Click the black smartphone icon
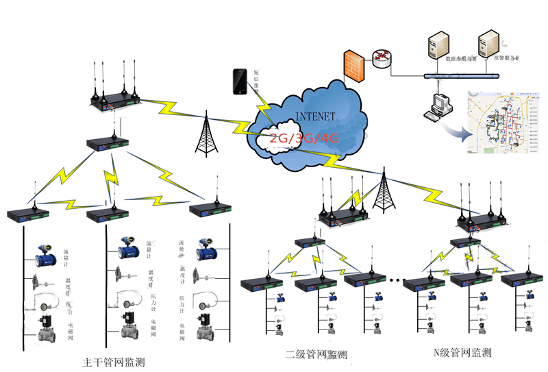[239, 82]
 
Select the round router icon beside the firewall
[382, 58]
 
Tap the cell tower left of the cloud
[205, 134]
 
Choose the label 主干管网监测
[114, 361]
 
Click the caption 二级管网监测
[316, 355]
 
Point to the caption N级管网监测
[463, 354]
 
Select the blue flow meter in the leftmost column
[47, 255]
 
